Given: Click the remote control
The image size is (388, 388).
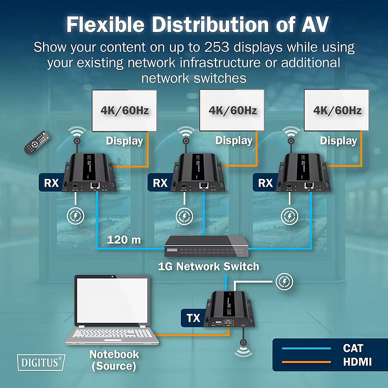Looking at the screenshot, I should point(38,142).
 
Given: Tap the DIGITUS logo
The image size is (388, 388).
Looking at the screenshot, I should point(41,362).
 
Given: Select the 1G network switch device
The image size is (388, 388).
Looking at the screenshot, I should point(206,246).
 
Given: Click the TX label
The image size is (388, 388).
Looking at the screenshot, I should point(193,318).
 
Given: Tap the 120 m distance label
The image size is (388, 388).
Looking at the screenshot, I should point(124,240).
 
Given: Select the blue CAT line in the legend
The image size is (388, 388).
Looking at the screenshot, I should point(307,348).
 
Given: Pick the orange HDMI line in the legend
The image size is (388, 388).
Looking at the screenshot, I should point(307,362).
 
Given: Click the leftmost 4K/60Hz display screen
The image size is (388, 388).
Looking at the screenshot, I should point(124,111).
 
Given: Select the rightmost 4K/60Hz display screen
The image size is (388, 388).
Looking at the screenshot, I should point(337,111).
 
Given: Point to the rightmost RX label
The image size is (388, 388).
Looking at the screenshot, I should point(265,183).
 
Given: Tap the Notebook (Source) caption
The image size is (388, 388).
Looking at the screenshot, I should point(114,360).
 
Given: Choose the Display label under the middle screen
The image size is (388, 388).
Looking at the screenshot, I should point(234,140).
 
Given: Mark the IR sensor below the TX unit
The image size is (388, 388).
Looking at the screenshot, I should point(243,343).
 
